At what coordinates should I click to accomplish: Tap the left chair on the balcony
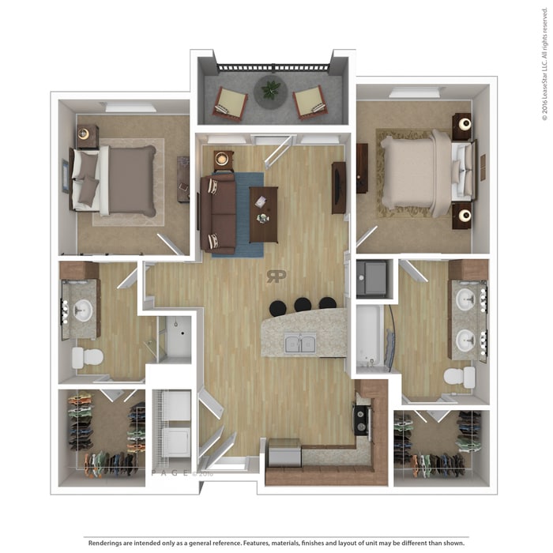[x=231, y=103]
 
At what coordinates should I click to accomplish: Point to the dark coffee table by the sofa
[x=263, y=213]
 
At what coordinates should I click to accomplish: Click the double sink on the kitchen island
[x=299, y=343]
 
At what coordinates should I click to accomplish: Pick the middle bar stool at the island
[x=303, y=304]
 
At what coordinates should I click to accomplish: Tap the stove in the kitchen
[x=362, y=419]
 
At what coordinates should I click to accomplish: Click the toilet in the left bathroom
[x=88, y=357]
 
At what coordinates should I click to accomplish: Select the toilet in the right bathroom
[x=459, y=377]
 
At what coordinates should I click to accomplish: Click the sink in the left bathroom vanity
[x=82, y=309]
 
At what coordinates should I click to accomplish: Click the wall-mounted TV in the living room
[x=339, y=187]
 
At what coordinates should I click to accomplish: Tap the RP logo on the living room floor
[x=276, y=276]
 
